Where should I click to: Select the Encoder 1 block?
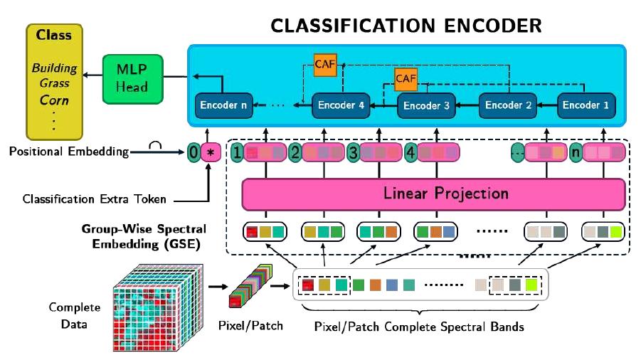tap(586, 105)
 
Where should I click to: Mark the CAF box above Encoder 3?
tap(406, 76)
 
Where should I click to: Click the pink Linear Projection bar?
tap(435, 194)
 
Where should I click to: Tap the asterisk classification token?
tap(211, 152)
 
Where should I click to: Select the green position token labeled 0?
tap(194, 152)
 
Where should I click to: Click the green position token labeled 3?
tap(351, 152)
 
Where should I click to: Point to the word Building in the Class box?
tap(54, 70)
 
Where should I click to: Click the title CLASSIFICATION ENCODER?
tap(406, 26)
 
